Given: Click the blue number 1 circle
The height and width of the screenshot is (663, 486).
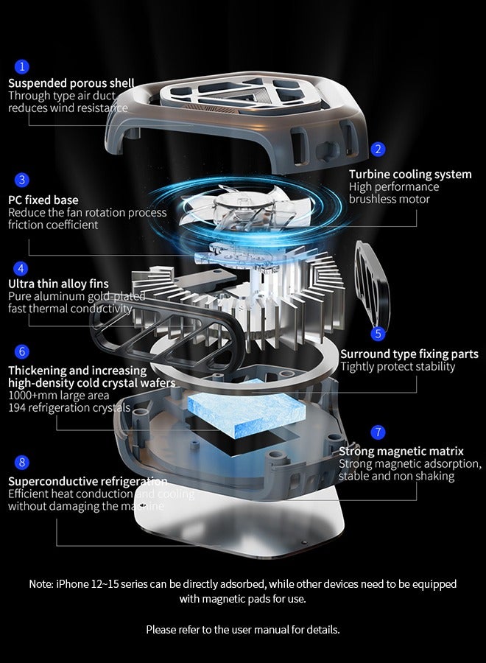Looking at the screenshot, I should tap(22, 67).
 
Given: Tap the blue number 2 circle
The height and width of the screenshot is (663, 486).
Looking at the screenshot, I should tap(378, 149).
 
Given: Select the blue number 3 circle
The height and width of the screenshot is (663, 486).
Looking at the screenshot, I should tap(22, 180).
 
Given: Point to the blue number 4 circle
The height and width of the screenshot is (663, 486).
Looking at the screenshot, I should tap(22, 268).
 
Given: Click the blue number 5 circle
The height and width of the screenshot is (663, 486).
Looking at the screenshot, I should tap(378, 334).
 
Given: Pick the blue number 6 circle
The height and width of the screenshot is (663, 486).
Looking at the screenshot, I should tap(22, 351).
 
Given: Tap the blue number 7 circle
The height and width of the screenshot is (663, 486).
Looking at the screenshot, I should tap(378, 432).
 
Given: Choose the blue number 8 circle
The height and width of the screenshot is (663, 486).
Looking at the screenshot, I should tap(22, 462).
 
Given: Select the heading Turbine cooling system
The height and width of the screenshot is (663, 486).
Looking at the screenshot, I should tap(410, 175).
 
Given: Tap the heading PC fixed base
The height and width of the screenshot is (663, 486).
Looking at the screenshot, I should tap(43, 200).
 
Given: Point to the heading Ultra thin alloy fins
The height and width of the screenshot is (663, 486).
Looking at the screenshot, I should tap(58, 284).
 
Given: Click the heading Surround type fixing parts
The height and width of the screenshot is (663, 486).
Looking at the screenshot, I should tap(409, 354).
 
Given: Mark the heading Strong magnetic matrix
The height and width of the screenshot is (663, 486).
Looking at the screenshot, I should tap(401, 451).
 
